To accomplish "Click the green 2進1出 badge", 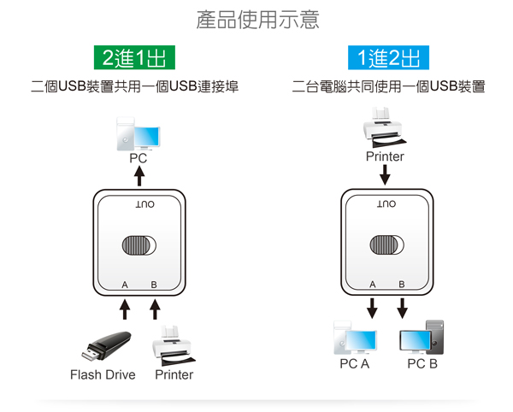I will pyautogui.click(x=133, y=58).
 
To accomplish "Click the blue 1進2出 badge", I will pyautogui.click(x=389, y=58).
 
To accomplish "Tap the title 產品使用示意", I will pyautogui.click(x=257, y=20).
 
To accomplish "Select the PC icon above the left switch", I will pyautogui.click(x=139, y=136).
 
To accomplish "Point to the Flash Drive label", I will pyautogui.click(x=103, y=374).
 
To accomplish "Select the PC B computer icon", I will pyautogui.click(x=422, y=338).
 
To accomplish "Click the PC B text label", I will pyautogui.click(x=422, y=364).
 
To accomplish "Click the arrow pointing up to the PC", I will pyautogui.click(x=139, y=175).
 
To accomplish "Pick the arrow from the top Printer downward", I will pyautogui.click(x=385, y=174).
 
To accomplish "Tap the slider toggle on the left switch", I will pyautogui.click(x=139, y=244).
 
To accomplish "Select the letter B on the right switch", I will pyautogui.click(x=402, y=284).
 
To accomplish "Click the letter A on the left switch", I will pyautogui.click(x=125, y=284).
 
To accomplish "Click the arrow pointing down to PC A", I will pyautogui.click(x=372, y=306).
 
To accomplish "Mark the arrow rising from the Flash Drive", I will pyautogui.click(x=125, y=308).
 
